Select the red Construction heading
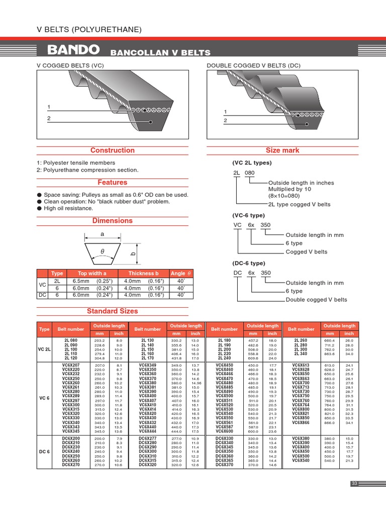click(112, 150)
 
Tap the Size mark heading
click(282, 150)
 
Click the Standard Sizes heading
click(112, 311)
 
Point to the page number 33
click(354, 483)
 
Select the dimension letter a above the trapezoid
click(102, 234)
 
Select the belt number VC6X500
click(224, 396)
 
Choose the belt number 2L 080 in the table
click(71, 340)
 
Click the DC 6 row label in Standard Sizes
click(44, 452)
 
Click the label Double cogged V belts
click(316, 300)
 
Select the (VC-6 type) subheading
click(248, 215)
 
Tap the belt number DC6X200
click(71, 439)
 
